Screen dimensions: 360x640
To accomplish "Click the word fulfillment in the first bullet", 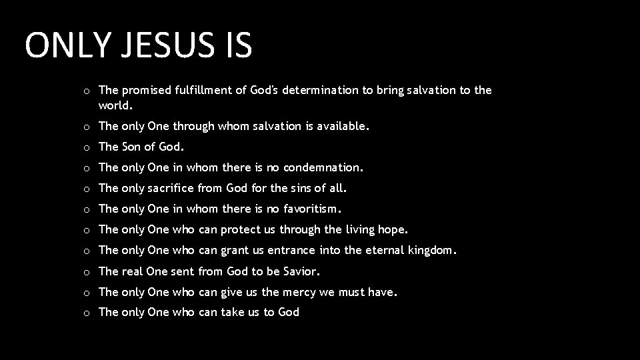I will (x=201, y=90).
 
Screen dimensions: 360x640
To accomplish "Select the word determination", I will (x=319, y=90).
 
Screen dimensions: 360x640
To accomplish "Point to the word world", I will (x=115, y=105).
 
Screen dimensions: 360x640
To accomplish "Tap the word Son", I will (x=132, y=147).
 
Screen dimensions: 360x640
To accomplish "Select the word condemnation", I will (x=326, y=167).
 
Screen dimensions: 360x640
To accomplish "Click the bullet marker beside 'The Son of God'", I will (x=87, y=147).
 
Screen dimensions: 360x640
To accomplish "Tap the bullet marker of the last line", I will (x=87, y=313).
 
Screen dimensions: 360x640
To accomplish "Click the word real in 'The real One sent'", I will (x=132, y=271).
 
